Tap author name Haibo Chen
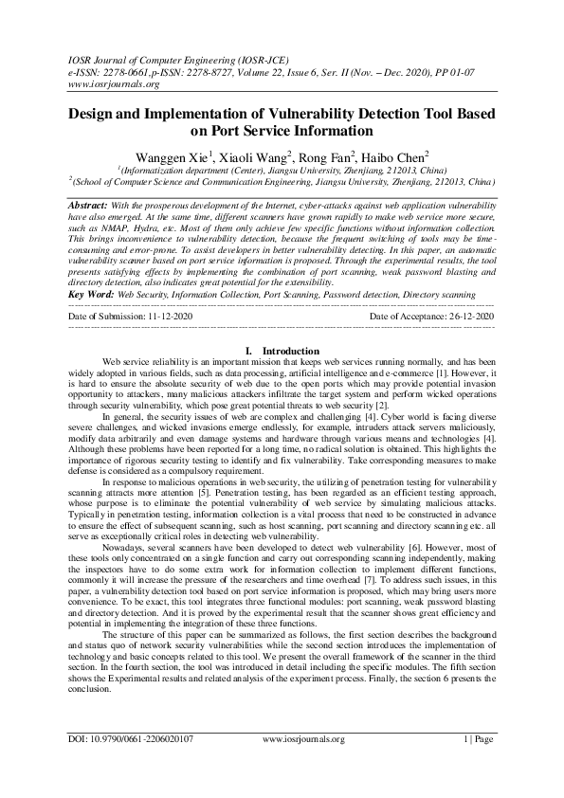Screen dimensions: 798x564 point(398,154)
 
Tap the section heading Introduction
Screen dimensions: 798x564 point(290,324)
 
